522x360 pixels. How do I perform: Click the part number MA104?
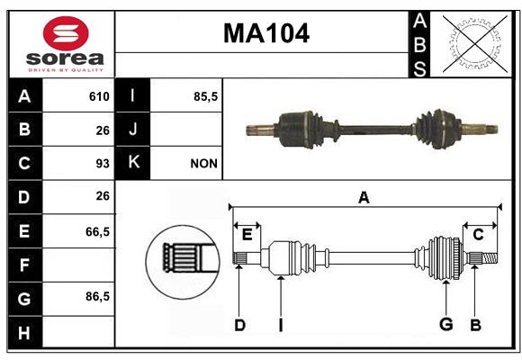point(266,33)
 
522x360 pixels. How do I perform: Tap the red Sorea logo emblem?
point(66,33)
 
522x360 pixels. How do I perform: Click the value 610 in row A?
point(99,96)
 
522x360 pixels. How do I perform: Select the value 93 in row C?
point(103,164)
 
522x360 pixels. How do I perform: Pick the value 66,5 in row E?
point(97,231)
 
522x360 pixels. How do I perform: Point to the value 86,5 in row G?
point(97,296)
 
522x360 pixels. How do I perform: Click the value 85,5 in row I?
point(206,96)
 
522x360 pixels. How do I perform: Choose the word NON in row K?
point(203,164)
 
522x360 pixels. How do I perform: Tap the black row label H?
point(24,332)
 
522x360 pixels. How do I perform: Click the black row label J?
point(132,129)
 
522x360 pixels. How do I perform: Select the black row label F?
point(24,265)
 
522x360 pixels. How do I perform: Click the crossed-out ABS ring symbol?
point(475,43)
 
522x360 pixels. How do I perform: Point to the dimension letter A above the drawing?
point(364,197)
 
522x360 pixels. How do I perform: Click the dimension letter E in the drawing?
point(247,234)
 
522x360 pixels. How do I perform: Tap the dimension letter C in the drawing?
point(478,235)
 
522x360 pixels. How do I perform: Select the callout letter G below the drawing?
point(446,324)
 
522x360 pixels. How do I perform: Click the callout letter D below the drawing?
point(239,325)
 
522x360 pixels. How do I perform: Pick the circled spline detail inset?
point(183,262)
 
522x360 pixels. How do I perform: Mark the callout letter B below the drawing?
point(475,325)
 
